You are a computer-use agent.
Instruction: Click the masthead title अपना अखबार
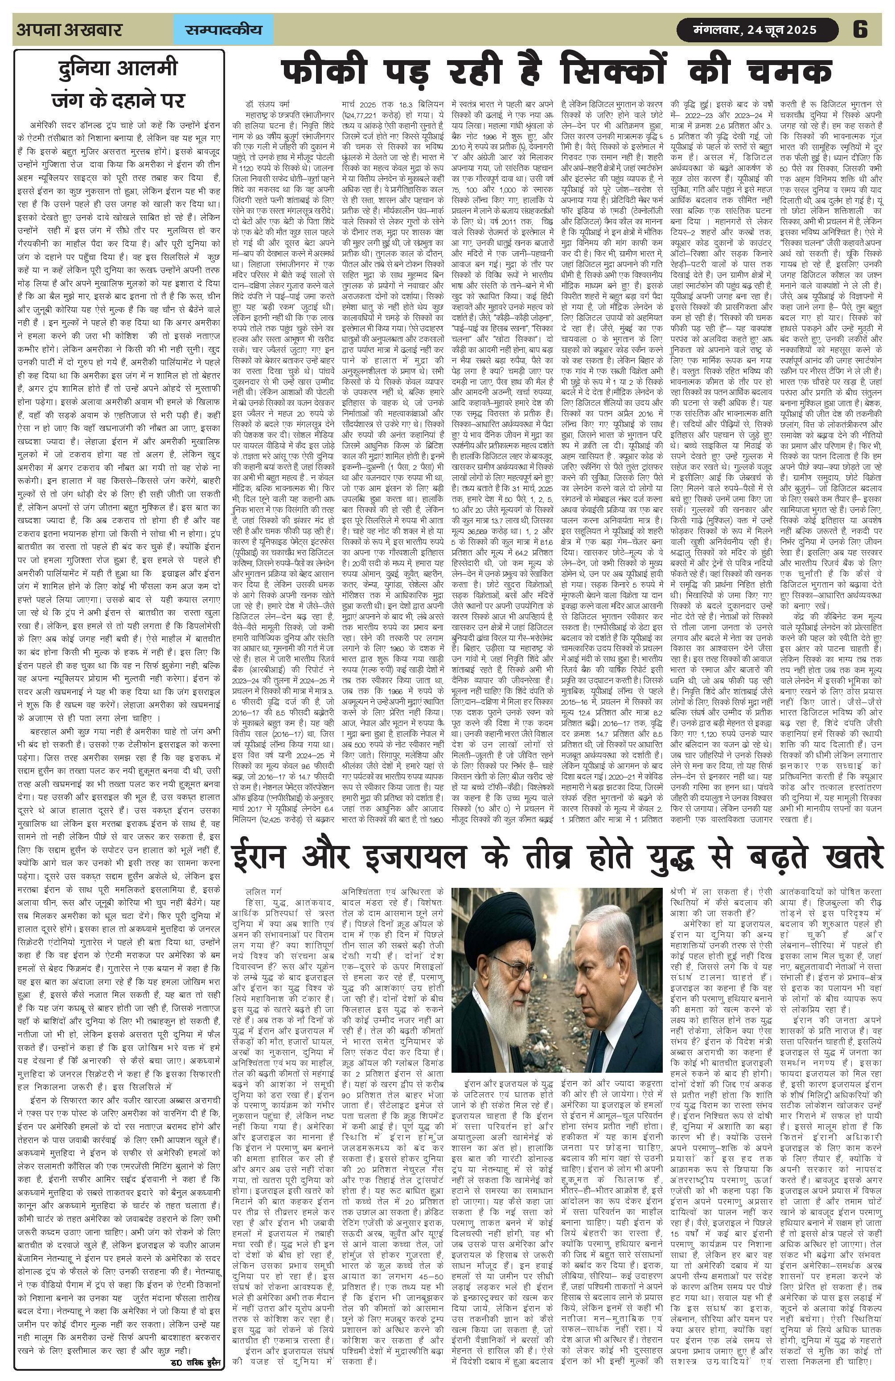click(x=70, y=29)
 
